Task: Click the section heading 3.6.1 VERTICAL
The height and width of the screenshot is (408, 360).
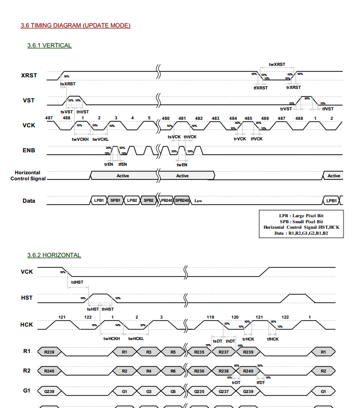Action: point(49,45)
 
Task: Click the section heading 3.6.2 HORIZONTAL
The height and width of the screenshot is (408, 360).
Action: point(54,255)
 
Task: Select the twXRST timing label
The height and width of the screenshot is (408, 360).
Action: point(277,64)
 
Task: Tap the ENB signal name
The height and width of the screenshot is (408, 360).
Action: point(28,150)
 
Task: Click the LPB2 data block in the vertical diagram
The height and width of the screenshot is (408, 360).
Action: point(132,200)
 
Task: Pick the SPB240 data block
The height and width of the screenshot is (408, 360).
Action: point(182,200)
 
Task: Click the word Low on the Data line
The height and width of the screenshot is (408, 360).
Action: point(198,201)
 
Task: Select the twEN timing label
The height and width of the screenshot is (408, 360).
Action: point(182,164)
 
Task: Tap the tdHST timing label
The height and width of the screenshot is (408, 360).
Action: point(77,282)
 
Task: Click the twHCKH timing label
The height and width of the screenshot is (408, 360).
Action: point(111,339)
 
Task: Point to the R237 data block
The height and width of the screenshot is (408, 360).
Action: point(224,352)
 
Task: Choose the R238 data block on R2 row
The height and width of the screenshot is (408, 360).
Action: point(224,371)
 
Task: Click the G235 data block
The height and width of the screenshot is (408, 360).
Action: point(199,391)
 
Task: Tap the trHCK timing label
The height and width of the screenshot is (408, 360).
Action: point(248,339)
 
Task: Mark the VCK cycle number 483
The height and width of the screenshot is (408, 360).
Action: point(215,119)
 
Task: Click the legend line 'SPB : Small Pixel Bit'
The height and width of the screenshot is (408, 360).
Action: point(301,221)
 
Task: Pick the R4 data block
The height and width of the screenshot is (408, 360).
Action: point(149,371)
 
